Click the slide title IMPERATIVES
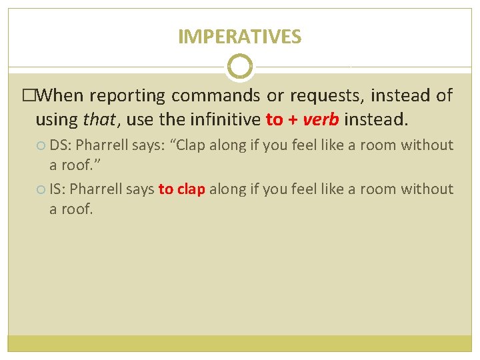point(239,37)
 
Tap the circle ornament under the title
point(240,67)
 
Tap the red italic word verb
point(321,119)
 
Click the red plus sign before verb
point(293,120)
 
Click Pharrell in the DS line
point(102,145)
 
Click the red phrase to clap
point(181,189)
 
